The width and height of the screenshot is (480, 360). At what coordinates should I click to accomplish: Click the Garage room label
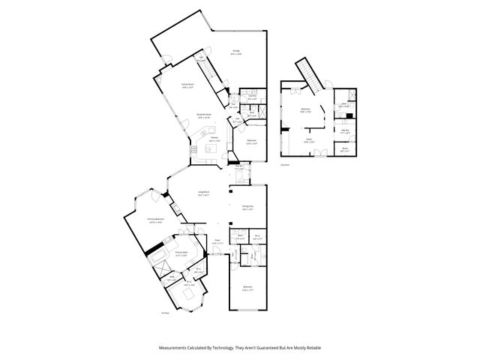point(235,52)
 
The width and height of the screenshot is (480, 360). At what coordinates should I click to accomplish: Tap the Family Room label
point(187,86)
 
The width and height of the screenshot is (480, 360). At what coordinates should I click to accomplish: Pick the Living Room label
point(203,194)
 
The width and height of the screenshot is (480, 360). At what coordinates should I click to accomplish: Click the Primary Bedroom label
point(156,220)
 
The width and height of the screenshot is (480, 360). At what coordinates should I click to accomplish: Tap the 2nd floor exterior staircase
point(306,71)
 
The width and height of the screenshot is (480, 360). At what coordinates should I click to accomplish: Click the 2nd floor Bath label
point(344,105)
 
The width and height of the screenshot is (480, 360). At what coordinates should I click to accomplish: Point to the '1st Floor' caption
point(165,313)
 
